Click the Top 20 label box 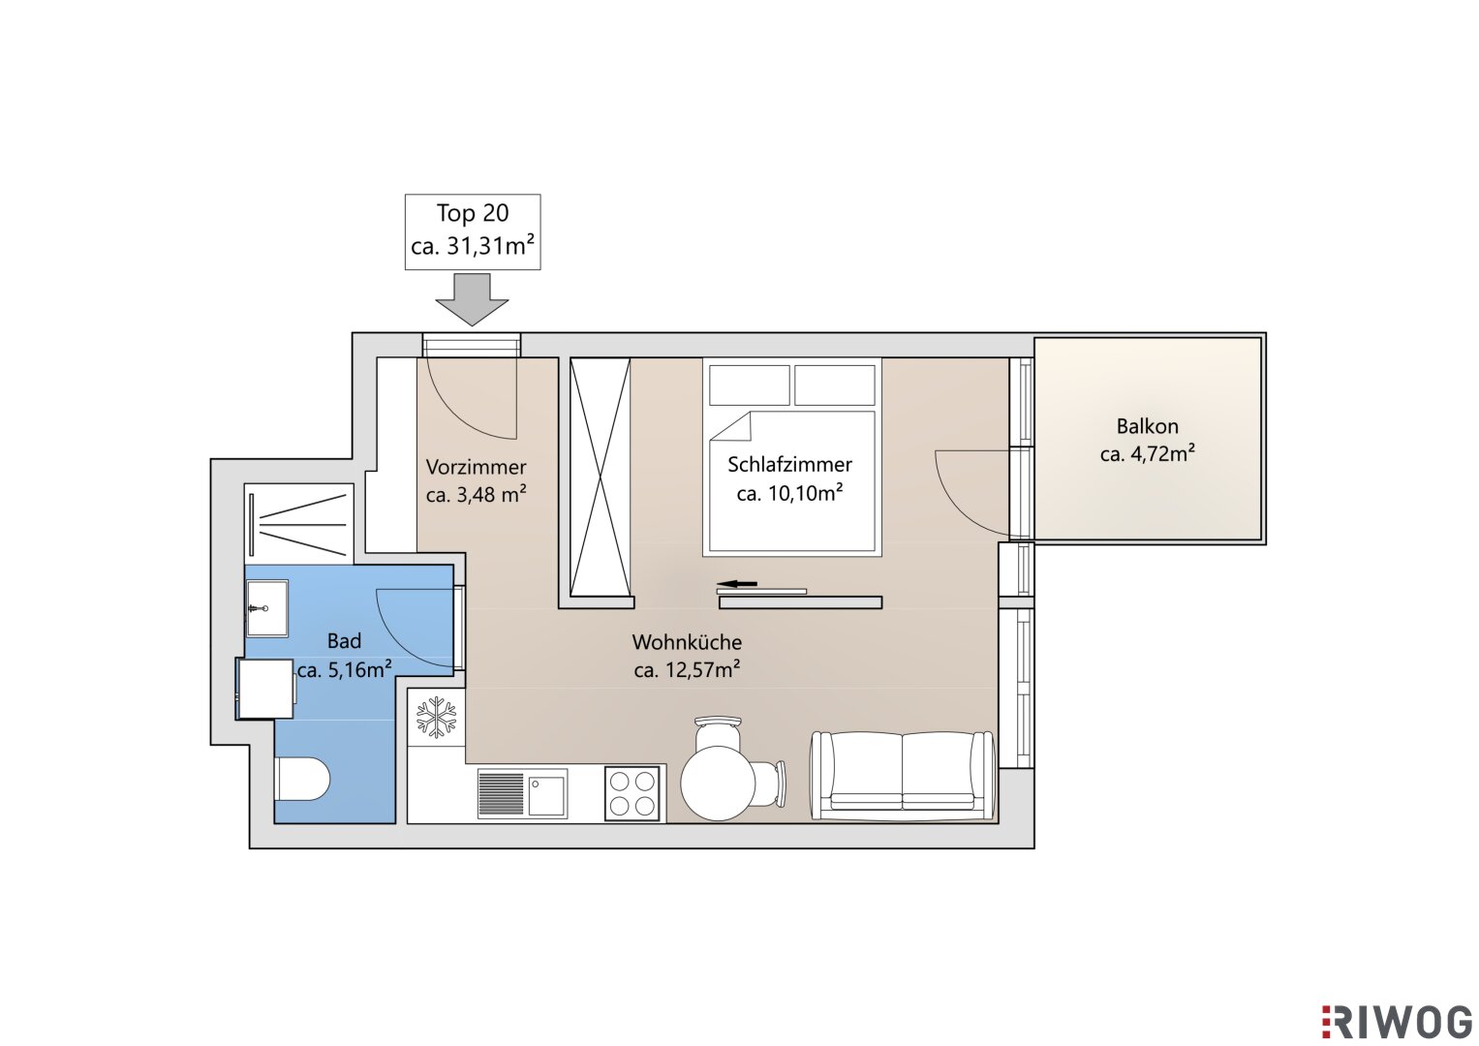point(472,231)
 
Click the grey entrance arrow point(472,300)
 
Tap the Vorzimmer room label point(476,467)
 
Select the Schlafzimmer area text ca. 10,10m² point(789,493)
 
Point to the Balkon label point(1148,426)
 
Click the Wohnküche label point(687,642)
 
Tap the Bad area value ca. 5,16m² point(344,669)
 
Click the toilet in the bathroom point(302,780)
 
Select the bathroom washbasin point(266,608)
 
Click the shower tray point(299,524)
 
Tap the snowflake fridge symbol point(436,717)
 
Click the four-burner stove point(632,794)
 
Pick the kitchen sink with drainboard point(522,794)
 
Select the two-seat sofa point(903,775)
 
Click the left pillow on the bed point(750,385)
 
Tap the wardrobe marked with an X point(601,477)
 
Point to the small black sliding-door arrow point(737,584)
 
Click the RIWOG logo point(1397,1022)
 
